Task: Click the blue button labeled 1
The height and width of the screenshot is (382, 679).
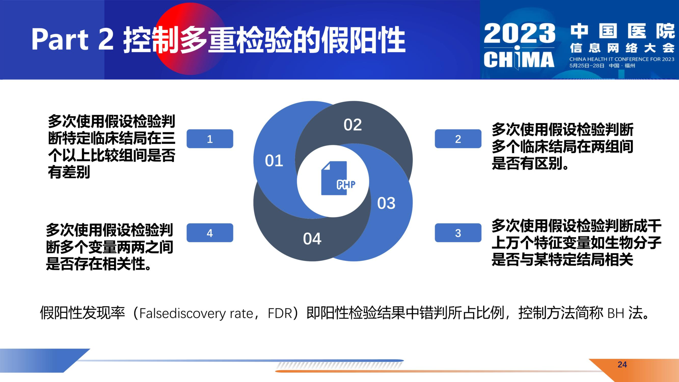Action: [210, 139]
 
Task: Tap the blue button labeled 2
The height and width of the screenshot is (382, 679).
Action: [458, 139]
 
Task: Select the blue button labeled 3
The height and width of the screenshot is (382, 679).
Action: [458, 233]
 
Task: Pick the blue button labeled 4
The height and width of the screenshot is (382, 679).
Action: [210, 233]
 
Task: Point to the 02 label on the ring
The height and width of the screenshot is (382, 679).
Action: [353, 125]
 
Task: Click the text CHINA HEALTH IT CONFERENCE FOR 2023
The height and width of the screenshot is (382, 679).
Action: [622, 59]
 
